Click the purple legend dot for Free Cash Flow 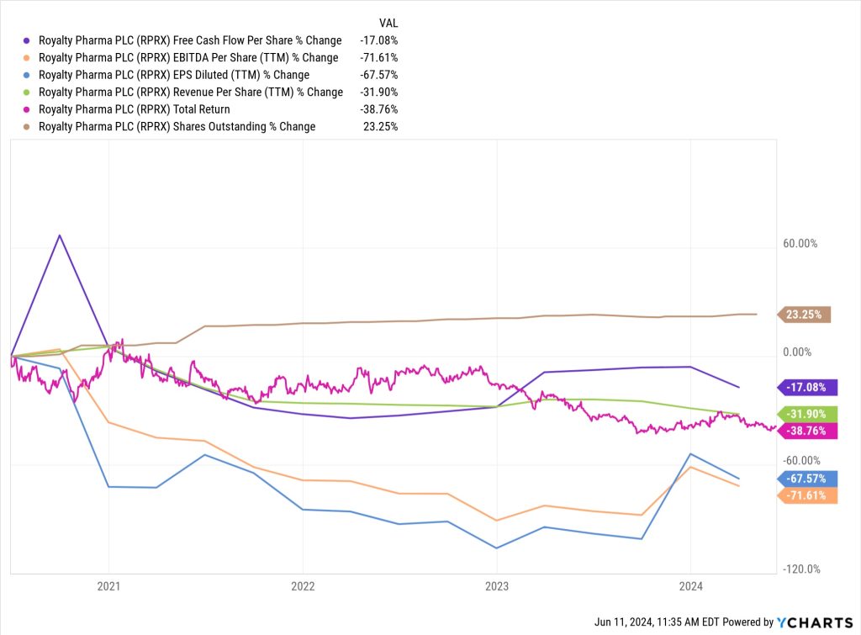29,40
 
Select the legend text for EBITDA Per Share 188,58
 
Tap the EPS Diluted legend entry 173,75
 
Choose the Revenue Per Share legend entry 190,92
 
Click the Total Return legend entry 134,109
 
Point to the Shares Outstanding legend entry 177,126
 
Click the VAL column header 388,23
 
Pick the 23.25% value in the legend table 381,126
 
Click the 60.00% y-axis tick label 800,244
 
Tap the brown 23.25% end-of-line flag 806,315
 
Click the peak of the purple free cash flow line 60,235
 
